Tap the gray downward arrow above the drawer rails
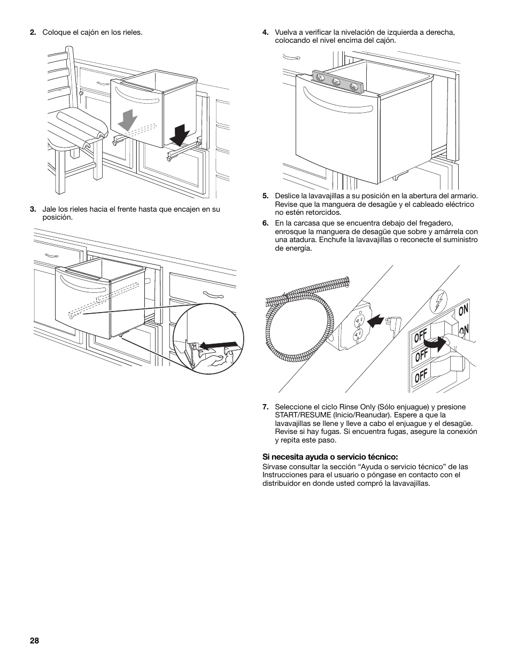(x=127, y=119)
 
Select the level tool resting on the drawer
(x=338, y=81)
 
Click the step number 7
(x=265, y=407)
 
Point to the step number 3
(x=33, y=209)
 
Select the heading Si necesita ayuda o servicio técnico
(x=330, y=457)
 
